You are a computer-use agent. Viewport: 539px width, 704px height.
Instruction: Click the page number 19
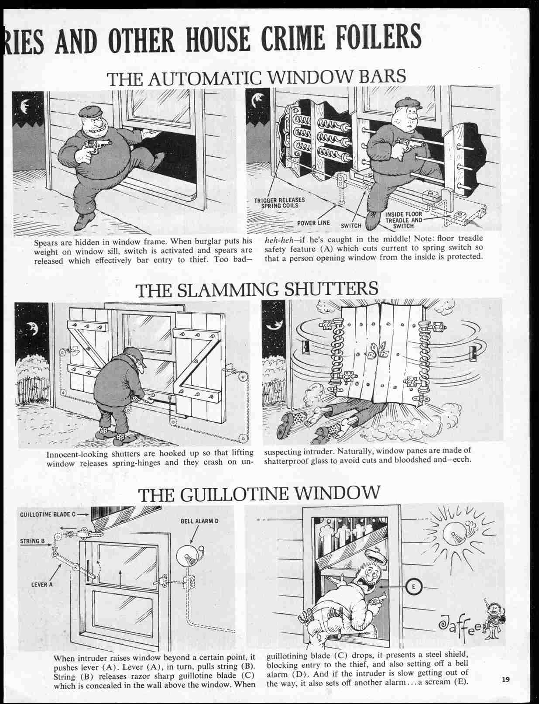506,680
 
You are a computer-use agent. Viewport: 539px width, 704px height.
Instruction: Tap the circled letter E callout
413,587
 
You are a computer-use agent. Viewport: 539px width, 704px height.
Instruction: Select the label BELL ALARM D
199,521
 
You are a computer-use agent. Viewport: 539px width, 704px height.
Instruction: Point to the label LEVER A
42,585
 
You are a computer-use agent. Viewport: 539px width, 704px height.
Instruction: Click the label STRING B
32,541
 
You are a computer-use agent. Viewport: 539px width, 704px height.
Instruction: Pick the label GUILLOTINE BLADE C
48,514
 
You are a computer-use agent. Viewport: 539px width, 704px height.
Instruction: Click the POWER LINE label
313,223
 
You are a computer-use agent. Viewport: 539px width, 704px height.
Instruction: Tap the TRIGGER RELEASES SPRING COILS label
279,203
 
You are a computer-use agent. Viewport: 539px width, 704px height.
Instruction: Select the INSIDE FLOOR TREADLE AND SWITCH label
403,220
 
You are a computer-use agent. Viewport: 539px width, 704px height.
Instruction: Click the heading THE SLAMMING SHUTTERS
257,289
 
